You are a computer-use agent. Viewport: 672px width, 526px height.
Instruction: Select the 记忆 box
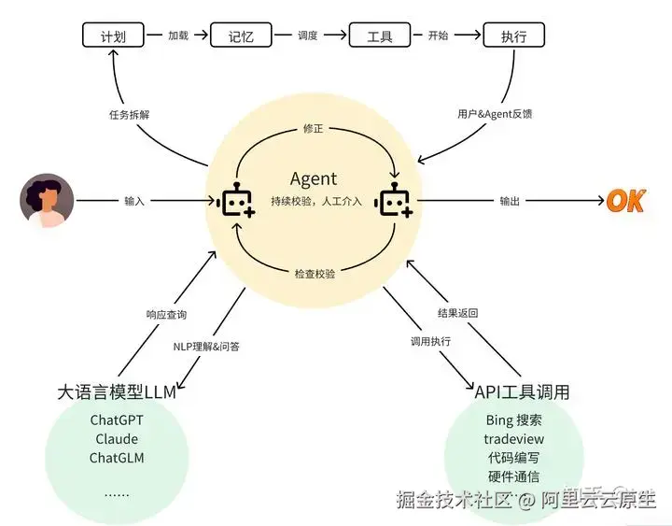pyautogui.click(x=241, y=36)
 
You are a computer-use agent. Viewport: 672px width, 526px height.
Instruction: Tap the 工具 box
pyautogui.click(x=380, y=36)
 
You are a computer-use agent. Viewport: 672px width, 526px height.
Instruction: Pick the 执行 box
pyautogui.click(x=513, y=36)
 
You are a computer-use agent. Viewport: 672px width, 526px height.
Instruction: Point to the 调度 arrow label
pyautogui.click(x=308, y=36)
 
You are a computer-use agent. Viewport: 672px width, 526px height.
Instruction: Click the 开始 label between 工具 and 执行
pyautogui.click(x=438, y=36)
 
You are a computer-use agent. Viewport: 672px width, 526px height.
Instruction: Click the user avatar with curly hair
pyautogui.click(x=47, y=201)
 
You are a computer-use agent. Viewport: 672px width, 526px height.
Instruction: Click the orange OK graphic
pyautogui.click(x=625, y=201)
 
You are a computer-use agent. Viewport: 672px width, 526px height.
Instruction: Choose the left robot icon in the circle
pyautogui.click(x=236, y=202)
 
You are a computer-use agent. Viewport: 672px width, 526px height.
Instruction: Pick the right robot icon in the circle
pyautogui.click(x=394, y=202)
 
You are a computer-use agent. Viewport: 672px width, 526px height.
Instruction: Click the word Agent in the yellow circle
pyautogui.click(x=314, y=178)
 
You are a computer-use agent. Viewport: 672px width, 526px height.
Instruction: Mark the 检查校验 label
pyautogui.click(x=315, y=274)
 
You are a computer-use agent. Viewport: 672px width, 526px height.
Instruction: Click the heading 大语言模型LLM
pyautogui.click(x=116, y=391)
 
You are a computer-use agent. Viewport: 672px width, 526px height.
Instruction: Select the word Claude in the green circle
pyautogui.click(x=117, y=439)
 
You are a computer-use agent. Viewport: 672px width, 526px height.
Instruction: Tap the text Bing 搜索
pyautogui.click(x=514, y=420)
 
